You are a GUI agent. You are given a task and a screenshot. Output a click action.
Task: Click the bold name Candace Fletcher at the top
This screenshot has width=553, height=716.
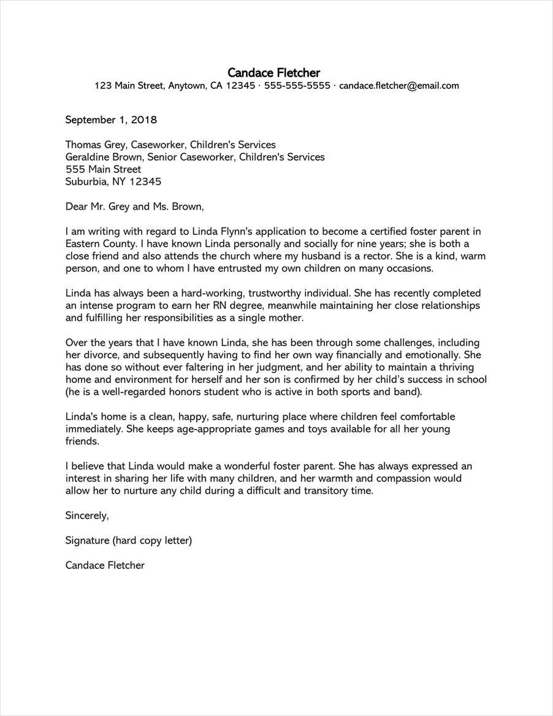pyautogui.click(x=273, y=73)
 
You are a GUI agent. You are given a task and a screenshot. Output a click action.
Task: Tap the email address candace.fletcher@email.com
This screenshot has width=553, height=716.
pyautogui.click(x=399, y=86)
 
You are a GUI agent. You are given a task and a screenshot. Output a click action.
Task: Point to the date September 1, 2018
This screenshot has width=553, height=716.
pyautogui.click(x=111, y=120)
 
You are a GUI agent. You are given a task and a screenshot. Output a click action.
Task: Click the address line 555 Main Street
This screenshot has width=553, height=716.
pyautogui.click(x=103, y=169)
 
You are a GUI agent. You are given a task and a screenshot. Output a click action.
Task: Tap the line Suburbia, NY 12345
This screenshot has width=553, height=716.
pyautogui.click(x=113, y=182)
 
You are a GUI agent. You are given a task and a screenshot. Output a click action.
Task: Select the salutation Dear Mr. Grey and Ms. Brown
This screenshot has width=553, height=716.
pyautogui.click(x=134, y=207)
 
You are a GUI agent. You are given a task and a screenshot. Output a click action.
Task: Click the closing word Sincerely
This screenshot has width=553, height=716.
pyautogui.click(x=86, y=516)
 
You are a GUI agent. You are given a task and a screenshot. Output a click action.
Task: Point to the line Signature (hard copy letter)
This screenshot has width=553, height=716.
pyautogui.click(x=129, y=541)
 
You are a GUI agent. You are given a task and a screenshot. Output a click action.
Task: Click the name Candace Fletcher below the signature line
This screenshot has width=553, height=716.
pyautogui.click(x=105, y=566)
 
